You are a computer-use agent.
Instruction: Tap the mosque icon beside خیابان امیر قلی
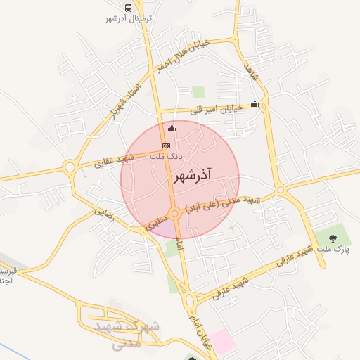tap(255, 104)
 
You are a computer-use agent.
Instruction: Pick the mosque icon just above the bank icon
tap(172, 128)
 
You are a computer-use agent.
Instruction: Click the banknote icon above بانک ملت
tap(166, 145)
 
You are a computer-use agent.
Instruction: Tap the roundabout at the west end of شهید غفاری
tap(70, 167)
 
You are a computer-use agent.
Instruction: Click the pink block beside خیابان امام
tap(224, 342)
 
